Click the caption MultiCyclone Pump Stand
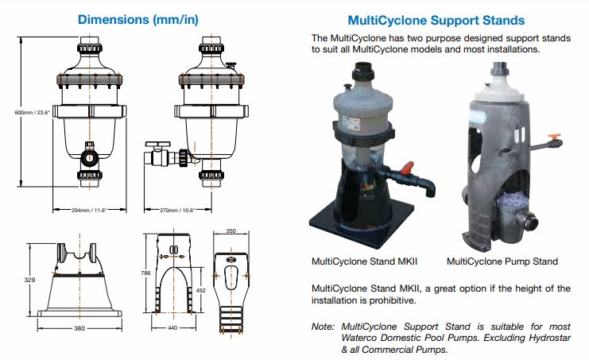(502, 261)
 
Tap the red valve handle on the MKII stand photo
(408, 168)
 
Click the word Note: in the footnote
(324, 326)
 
